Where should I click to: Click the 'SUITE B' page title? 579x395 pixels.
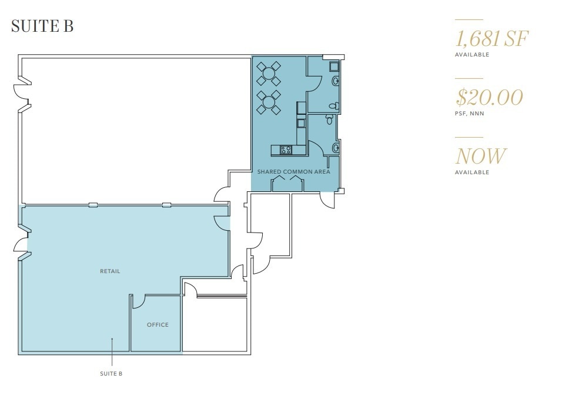click(x=42, y=26)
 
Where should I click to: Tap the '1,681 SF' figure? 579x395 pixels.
click(x=492, y=39)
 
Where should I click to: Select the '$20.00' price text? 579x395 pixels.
click(x=489, y=97)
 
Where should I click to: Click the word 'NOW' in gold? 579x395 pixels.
click(x=480, y=156)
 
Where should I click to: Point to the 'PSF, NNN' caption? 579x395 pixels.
click(x=469, y=114)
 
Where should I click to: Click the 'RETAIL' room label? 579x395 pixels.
click(x=110, y=271)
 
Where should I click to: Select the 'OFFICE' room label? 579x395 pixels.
click(x=158, y=325)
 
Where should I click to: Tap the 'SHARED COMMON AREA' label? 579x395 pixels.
click(x=293, y=172)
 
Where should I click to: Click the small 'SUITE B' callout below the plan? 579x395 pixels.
click(x=111, y=374)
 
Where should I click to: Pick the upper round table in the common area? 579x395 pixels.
click(x=269, y=74)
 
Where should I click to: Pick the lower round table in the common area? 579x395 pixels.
click(x=269, y=102)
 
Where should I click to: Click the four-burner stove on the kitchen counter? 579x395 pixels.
click(x=286, y=150)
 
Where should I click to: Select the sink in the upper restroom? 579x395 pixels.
click(x=336, y=80)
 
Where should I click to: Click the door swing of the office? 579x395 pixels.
click(x=139, y=301)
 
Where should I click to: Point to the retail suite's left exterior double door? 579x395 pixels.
click(x=22, y=245)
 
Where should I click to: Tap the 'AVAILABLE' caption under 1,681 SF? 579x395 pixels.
click(x=471, y=55)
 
